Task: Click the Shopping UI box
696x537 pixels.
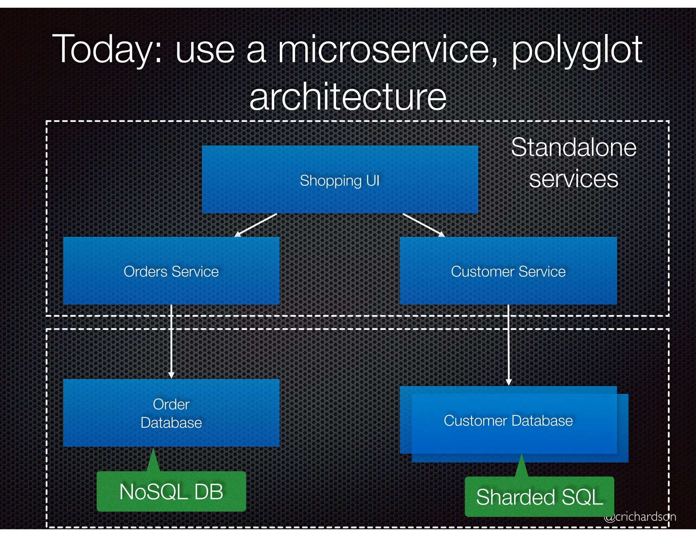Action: [340, 180]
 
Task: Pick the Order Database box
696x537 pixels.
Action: [171, 413]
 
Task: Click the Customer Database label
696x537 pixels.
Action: [508, 421]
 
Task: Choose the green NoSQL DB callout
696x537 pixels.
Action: [171, 492]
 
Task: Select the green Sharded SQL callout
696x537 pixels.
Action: [539, 497]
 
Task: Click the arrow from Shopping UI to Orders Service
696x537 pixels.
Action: [256, 225]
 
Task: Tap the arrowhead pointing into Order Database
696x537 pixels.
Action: [171, 375]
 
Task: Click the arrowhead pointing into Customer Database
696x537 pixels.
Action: [509, 382]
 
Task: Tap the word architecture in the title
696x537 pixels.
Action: [348, 97]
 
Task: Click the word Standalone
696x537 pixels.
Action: [574, 148]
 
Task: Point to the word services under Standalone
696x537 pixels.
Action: [574, 179]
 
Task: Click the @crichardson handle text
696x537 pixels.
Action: [640, 517]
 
